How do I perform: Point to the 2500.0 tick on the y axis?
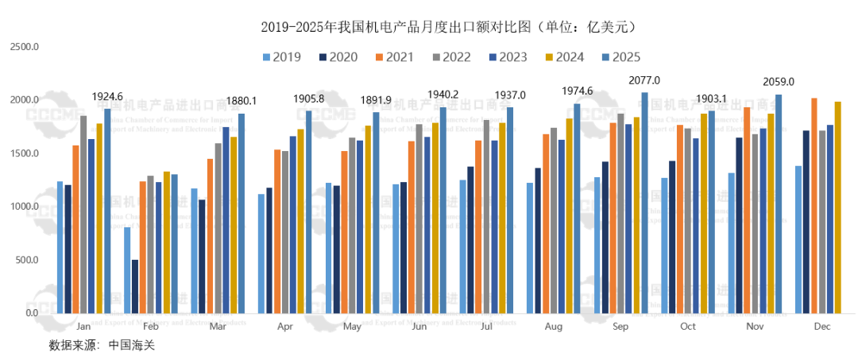25,47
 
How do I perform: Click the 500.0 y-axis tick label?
26,260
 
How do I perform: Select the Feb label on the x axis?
151,327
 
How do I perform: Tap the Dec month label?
823,327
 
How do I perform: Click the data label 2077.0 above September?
644,81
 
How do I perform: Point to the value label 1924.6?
107,97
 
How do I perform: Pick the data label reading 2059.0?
778,82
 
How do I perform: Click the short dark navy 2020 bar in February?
135,286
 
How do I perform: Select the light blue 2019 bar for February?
127,270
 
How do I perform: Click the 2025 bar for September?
645,203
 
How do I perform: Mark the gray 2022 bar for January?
83,214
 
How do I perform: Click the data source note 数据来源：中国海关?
99,346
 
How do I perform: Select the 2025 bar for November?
779,203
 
